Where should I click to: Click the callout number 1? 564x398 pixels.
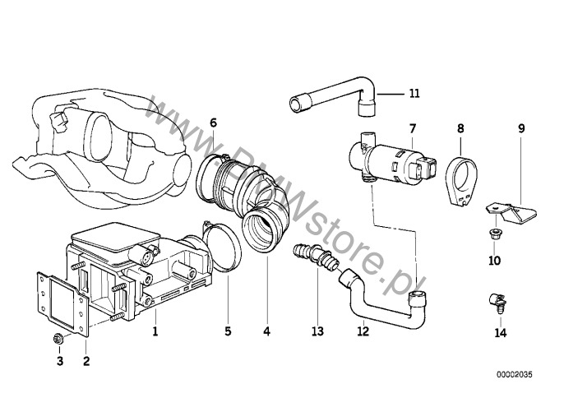tap(155, 331)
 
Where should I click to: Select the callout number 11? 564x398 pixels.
tap(414, 94)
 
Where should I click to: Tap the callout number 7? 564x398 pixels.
tap(413, 128)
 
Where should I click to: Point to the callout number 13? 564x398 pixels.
tap(317, 331)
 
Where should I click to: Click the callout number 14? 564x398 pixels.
tap(501, 333)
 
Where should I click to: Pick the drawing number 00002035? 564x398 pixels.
tap(515, 375)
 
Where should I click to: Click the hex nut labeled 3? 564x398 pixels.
tap(58, 338)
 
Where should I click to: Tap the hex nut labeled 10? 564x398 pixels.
tap(495, 234)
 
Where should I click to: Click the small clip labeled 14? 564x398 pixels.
tap(497, 302)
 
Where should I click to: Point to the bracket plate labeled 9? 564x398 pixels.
tap(511, 213)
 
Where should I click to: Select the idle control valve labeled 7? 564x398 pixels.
tap(392, 160)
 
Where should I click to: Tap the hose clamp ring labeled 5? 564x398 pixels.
tap(222, 247)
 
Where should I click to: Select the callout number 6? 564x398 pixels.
tap(213, 123)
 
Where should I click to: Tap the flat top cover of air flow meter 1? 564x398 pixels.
tap(116, 237)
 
